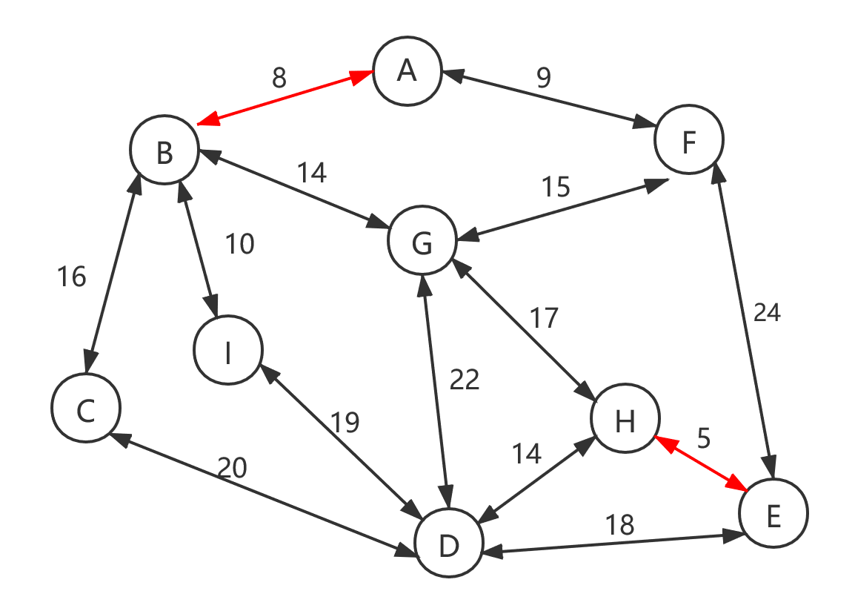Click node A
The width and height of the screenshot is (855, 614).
click(x=406, y=72)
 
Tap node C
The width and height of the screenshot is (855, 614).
click(x=86, y=409)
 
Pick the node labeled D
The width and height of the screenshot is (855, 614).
click(x=448, y=544)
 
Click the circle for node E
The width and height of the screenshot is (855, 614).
click(x=773, y=514)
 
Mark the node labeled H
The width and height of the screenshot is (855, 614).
click(x=625, y=420)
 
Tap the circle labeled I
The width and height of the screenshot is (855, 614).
click(x=228, y=351)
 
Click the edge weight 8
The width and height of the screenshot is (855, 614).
click(x=279, y=78)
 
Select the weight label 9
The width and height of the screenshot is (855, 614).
click(x=543, y=78)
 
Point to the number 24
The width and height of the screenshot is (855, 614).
click(x=767, y=313)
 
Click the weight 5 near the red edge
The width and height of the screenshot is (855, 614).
click(x=704, y=439)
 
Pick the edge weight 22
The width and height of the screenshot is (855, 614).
click(x=465, y=380)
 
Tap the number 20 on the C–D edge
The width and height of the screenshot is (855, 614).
click(x=232, y=468)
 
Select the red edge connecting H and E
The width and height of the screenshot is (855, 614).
click(x=701, y=463)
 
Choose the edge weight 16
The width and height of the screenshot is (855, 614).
click(x=72, y=277)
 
